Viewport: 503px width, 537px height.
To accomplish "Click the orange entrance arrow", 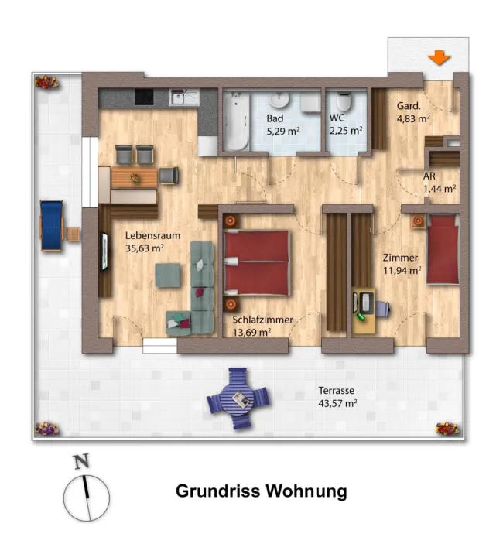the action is coord(439,57).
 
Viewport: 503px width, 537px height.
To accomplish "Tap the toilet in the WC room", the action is coord(344,101).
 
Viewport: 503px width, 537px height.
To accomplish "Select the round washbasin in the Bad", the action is coord(279,100).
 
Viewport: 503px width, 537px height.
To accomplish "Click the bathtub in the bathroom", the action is coord(236,121).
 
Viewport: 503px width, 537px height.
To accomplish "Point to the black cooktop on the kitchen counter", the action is coord(144,97).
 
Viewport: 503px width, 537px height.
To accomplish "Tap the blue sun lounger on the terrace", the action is coord(51,226).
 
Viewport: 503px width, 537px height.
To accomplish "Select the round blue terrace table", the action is coord(238,398).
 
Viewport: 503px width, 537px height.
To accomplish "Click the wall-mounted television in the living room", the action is coord(104,251).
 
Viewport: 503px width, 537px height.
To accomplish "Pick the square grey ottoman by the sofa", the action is coord(168,275).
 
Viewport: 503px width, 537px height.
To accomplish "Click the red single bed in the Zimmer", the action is coord(443,249).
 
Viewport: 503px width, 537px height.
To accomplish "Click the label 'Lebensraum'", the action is coord(152,236).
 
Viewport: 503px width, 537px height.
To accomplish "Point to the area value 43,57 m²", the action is coord(337,403).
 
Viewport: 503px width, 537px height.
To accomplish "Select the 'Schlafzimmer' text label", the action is coord(262,320).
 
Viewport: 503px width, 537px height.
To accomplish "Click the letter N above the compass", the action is coord(82,461).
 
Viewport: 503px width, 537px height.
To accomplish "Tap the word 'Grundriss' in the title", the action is coord(217,491).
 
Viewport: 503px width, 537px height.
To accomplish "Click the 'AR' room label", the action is coord(429,176).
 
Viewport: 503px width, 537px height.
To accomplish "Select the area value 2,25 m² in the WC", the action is coord(346,131).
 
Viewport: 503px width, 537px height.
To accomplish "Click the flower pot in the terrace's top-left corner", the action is coord(46,82).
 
